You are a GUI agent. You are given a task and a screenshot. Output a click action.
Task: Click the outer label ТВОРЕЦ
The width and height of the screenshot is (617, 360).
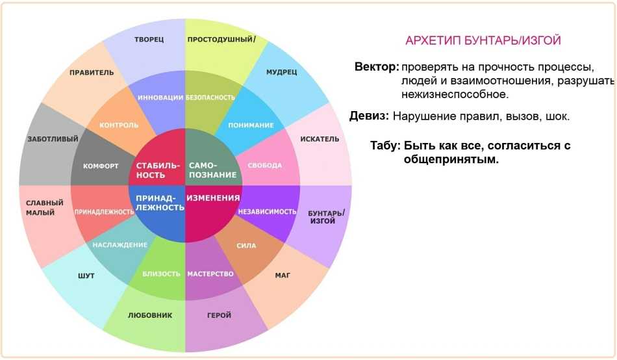[149, 40]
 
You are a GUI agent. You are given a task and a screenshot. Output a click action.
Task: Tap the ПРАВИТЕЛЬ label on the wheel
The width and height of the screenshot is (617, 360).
[92, 73]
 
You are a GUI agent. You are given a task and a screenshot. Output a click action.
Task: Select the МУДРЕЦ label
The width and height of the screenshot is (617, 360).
[281, 72]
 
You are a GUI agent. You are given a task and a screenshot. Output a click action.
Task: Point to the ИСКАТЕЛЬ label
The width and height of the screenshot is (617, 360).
[320, 139]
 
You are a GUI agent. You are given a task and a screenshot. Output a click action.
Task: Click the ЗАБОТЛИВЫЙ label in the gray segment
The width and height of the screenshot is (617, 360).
[53, 139]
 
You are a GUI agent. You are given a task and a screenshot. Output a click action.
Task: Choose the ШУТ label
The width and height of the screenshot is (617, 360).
[86, 276]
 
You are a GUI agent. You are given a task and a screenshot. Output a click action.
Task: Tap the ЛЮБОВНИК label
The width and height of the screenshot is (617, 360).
[150, 315]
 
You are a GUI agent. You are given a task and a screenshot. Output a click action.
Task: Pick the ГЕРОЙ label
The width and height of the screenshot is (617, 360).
[219, 315]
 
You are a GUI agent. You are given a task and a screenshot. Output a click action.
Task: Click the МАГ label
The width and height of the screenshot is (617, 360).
[283, 276]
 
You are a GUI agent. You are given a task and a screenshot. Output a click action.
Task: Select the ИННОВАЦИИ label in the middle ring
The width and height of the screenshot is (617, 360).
[160, 97]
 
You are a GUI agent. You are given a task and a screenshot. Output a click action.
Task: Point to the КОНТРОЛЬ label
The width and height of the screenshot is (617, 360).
[119, 125]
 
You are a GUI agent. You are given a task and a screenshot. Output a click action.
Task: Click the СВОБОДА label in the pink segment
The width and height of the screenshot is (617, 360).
[264, 166]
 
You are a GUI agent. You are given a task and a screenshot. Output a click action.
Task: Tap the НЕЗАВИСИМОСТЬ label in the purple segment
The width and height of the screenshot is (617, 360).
[267, 211]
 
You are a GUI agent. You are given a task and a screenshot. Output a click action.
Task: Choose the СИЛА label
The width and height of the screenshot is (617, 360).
[246, 246]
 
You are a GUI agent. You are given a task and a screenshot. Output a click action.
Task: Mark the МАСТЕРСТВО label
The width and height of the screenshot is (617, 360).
[210, 274]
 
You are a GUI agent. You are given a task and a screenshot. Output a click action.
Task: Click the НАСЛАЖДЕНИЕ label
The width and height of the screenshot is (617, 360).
[120, 245]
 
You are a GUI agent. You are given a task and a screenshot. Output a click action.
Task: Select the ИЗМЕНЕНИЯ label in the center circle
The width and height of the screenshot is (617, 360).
[213, 198]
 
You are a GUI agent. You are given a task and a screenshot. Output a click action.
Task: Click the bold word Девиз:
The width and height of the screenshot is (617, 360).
[369, 116]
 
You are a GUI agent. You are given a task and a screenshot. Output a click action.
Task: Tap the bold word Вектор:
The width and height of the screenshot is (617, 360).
[377, 66]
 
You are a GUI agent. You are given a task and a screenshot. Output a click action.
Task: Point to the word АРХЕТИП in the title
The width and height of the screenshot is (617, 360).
[433, 40]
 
